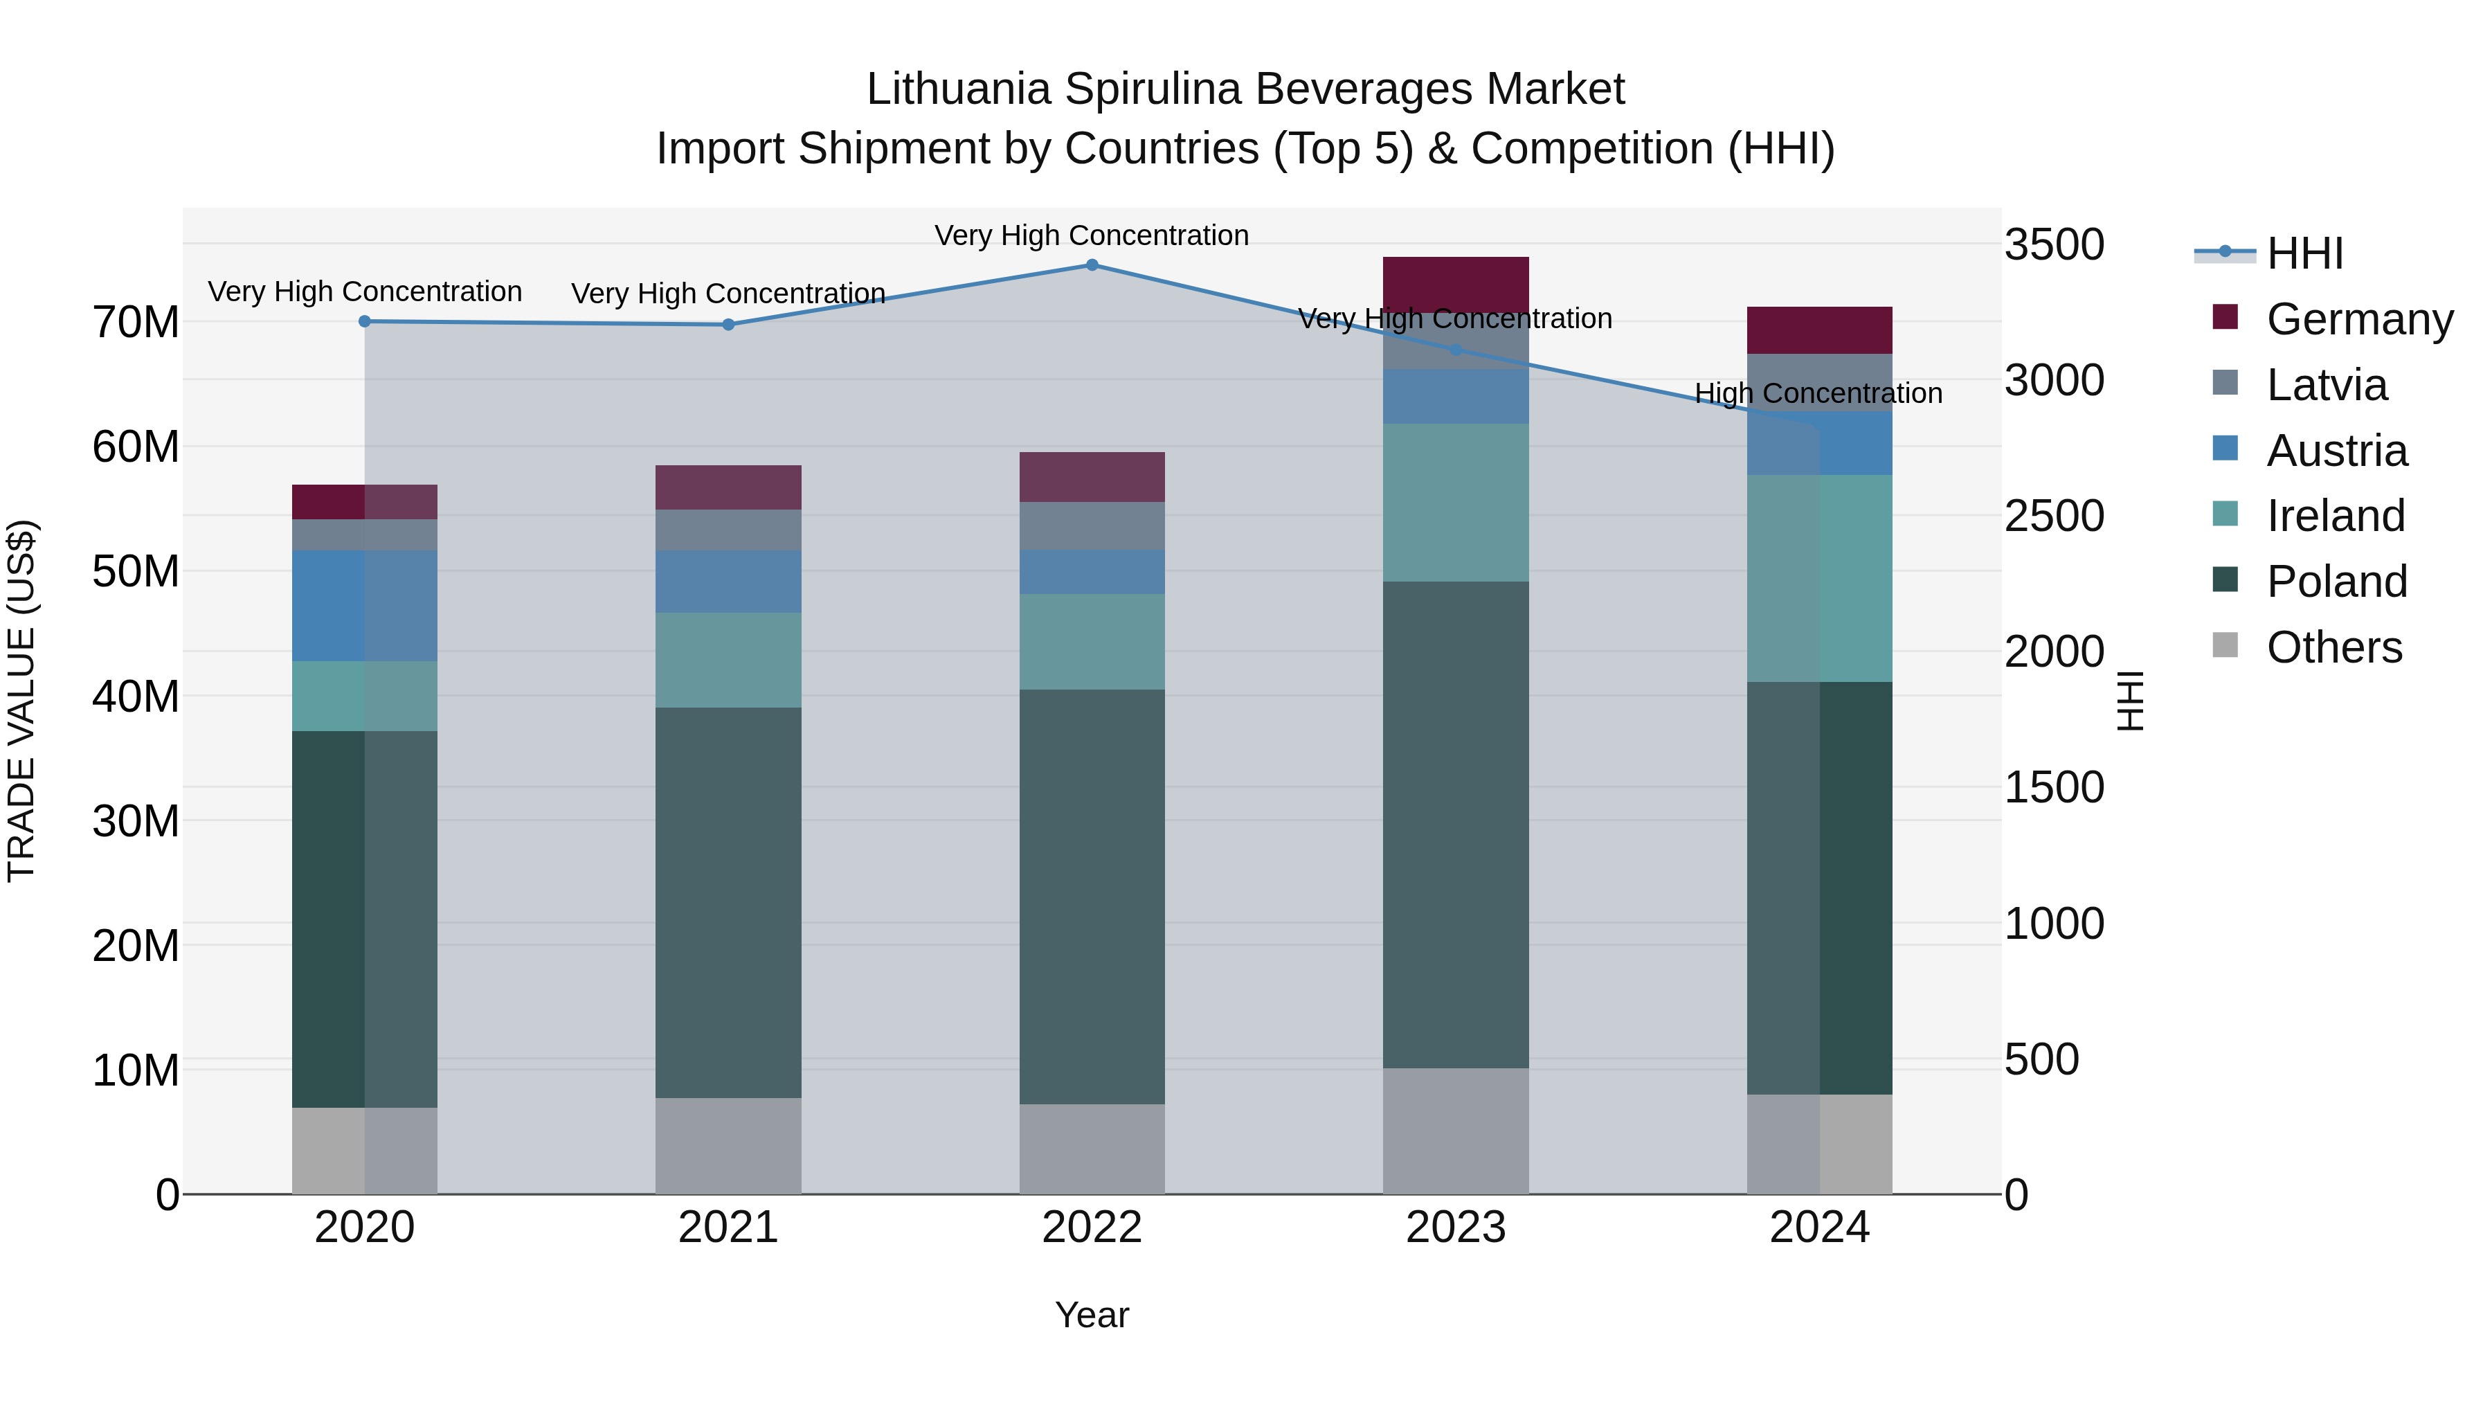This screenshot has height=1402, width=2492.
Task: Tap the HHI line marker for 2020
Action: [x=365, y=321]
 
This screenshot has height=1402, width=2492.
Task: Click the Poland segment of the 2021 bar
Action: [x=728, y=901]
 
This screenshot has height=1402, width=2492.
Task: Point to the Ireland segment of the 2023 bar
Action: [x=1455, y=502]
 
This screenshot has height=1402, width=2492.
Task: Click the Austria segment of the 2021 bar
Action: [x=728, y=582]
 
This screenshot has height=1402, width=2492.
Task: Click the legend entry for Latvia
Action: [x=2326, y=385]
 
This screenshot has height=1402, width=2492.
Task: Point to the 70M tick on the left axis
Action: [x=136, y=322]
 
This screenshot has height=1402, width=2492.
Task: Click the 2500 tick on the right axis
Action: [x=2053, y=516]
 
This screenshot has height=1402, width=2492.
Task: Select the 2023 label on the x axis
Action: [x=1455, y=1228]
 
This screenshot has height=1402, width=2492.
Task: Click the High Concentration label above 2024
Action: [x=1818, y=394]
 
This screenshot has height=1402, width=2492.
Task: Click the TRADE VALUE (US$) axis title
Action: [x=21, y=701]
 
